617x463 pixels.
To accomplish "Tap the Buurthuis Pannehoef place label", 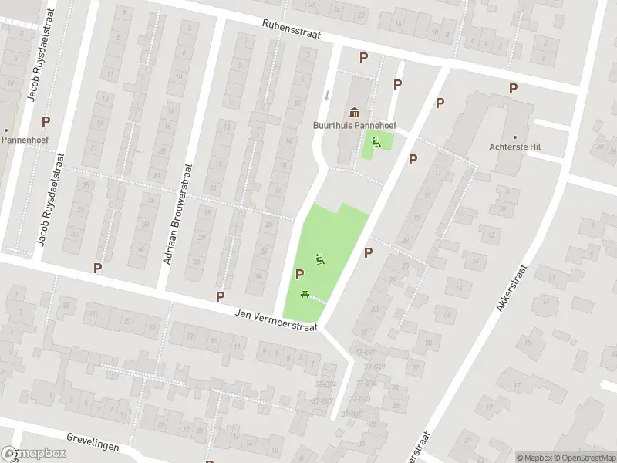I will [354, 125].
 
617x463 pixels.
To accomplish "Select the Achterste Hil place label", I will [514, 147].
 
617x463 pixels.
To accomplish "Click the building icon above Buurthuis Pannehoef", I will [354, 113].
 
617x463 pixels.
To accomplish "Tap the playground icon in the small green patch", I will [376, 141].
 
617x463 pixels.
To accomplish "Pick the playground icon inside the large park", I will [320, 260].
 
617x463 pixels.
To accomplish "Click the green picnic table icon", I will [305, 294].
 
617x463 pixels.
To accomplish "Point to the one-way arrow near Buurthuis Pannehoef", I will [327, 95].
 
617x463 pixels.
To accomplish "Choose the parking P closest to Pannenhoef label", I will [46, 121].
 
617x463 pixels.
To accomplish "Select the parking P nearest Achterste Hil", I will [513, 89].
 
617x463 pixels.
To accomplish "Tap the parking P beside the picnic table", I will [299, 274].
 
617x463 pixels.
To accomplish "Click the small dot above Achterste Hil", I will [514, 134].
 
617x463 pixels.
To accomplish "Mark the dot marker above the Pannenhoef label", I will [6, 130].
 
